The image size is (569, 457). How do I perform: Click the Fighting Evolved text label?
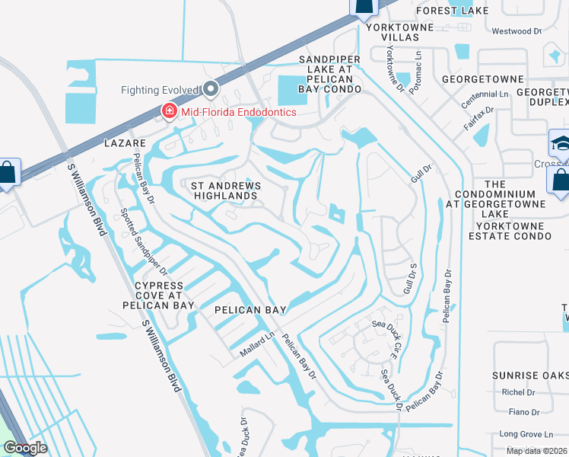click(x=160, y=90)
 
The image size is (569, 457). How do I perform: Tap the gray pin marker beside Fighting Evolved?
click(x=211, y=90)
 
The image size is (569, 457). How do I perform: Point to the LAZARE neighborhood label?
click(x=125, y=142)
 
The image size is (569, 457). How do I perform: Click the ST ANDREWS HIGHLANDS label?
click(x=225, y=190)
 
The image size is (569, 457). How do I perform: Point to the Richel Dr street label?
click(x=518, y=392)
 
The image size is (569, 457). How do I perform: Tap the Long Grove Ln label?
click(x=520, y=433)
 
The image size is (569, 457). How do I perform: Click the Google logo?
click(x=25, y=448)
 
